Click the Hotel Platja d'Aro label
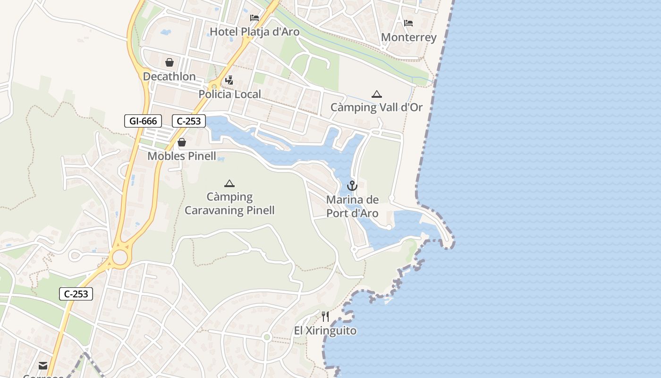click(x=254, y=32)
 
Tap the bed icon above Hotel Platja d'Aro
click(x=254, y=18)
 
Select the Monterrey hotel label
click(x=408, y=37)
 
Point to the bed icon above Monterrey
click(x=408, y=23)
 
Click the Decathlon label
click(x=169, y=77)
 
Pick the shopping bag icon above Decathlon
click(x=169, y=62)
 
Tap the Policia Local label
click(x=229, y=94)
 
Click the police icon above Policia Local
click(x=229, y=80)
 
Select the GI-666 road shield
click(x=143, y=121)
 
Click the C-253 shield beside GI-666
click(x=189, y=121)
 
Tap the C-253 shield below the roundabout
click(x=76, y=294)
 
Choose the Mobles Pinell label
click(x=182, y=156)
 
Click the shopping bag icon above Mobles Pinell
click(x=182, y=142)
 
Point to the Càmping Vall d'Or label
click(x=376, y=108)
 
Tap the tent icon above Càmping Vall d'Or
click(x=376, y=94)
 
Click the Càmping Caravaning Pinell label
click(x=229, y=204)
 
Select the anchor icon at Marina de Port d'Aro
click(x=352, y=186)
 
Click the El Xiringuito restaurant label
click(x=325, y=331)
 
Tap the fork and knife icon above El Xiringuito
click(x=325, y=316)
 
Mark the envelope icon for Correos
click(x=43, y=365)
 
